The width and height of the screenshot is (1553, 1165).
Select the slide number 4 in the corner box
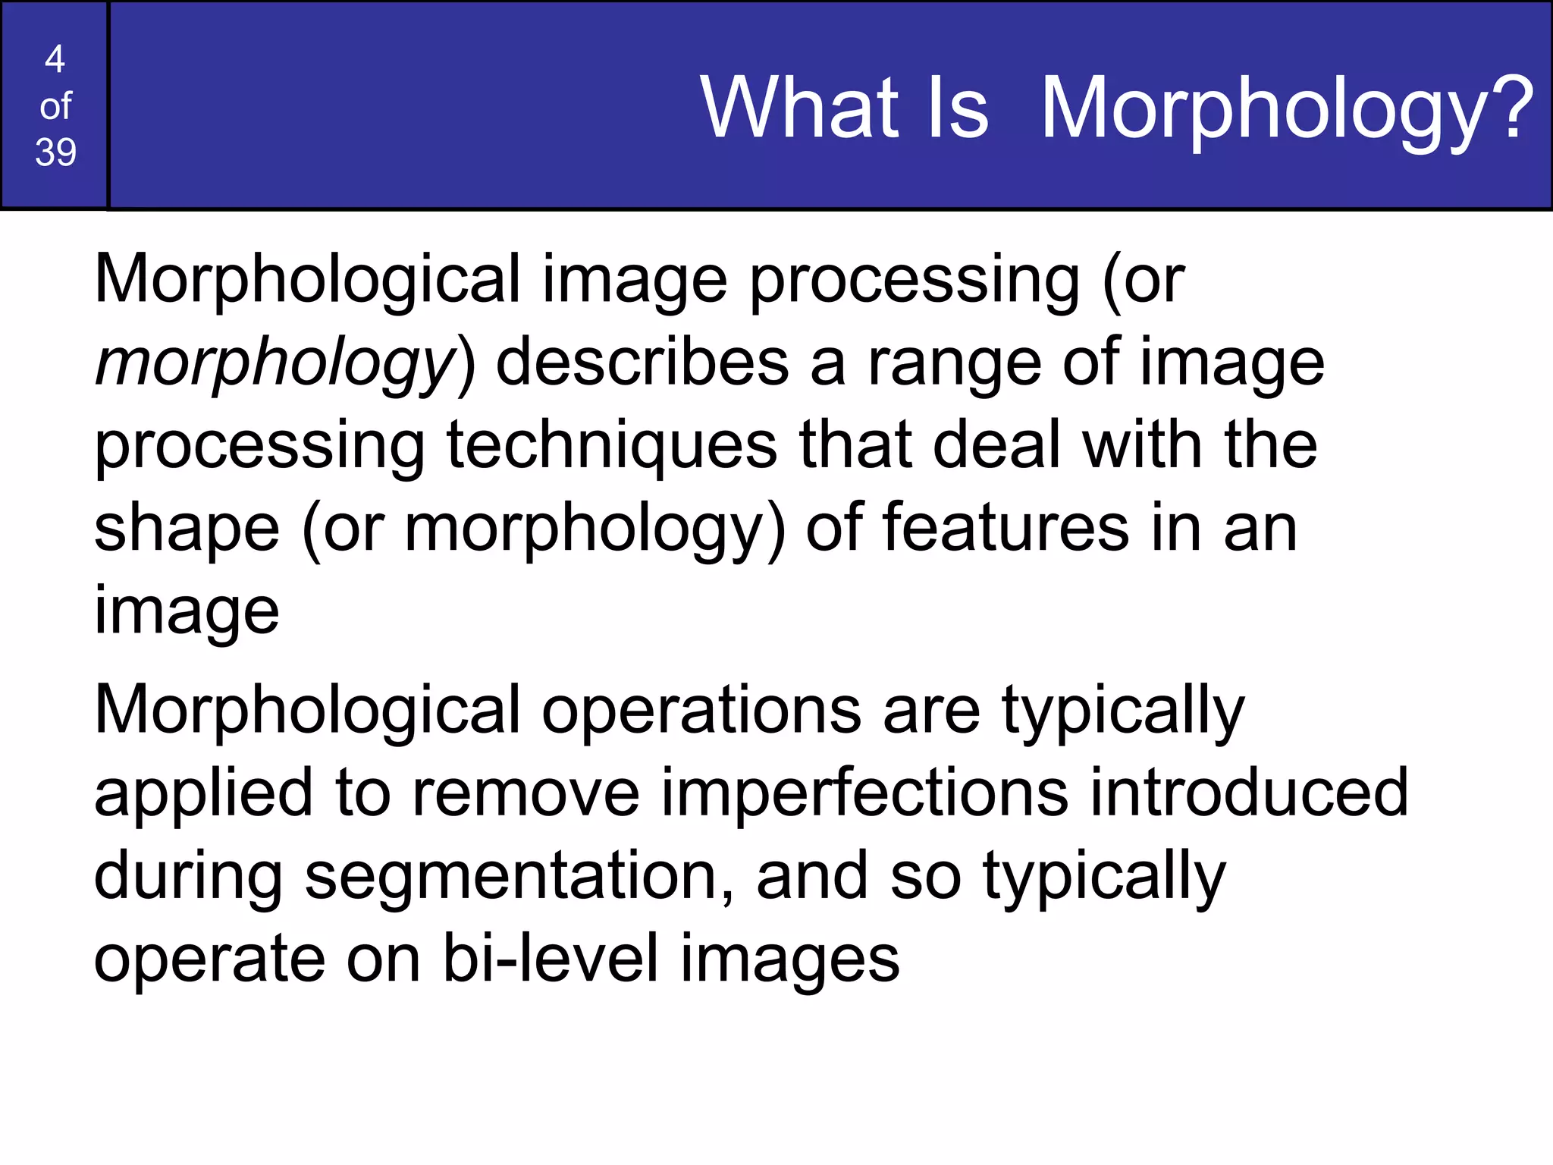click(55, 58)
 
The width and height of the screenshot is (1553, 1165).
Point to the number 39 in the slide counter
click(55, 152)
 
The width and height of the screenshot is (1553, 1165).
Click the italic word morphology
click(275, 365)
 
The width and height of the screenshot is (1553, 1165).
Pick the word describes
click(642, 363)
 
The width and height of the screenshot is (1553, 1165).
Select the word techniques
click(612, 447)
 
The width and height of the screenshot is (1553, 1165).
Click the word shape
click(187, 529)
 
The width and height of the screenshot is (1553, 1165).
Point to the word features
click(1006, 528)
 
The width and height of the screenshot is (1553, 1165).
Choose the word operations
click(701, 711)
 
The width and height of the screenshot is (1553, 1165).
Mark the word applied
click(203, 795)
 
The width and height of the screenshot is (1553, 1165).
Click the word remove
click(526, 793)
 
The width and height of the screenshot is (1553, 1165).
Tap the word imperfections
click(864, 793)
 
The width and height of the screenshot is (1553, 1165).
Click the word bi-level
click(551, 959)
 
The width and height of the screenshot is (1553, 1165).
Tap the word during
click(188, 878)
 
